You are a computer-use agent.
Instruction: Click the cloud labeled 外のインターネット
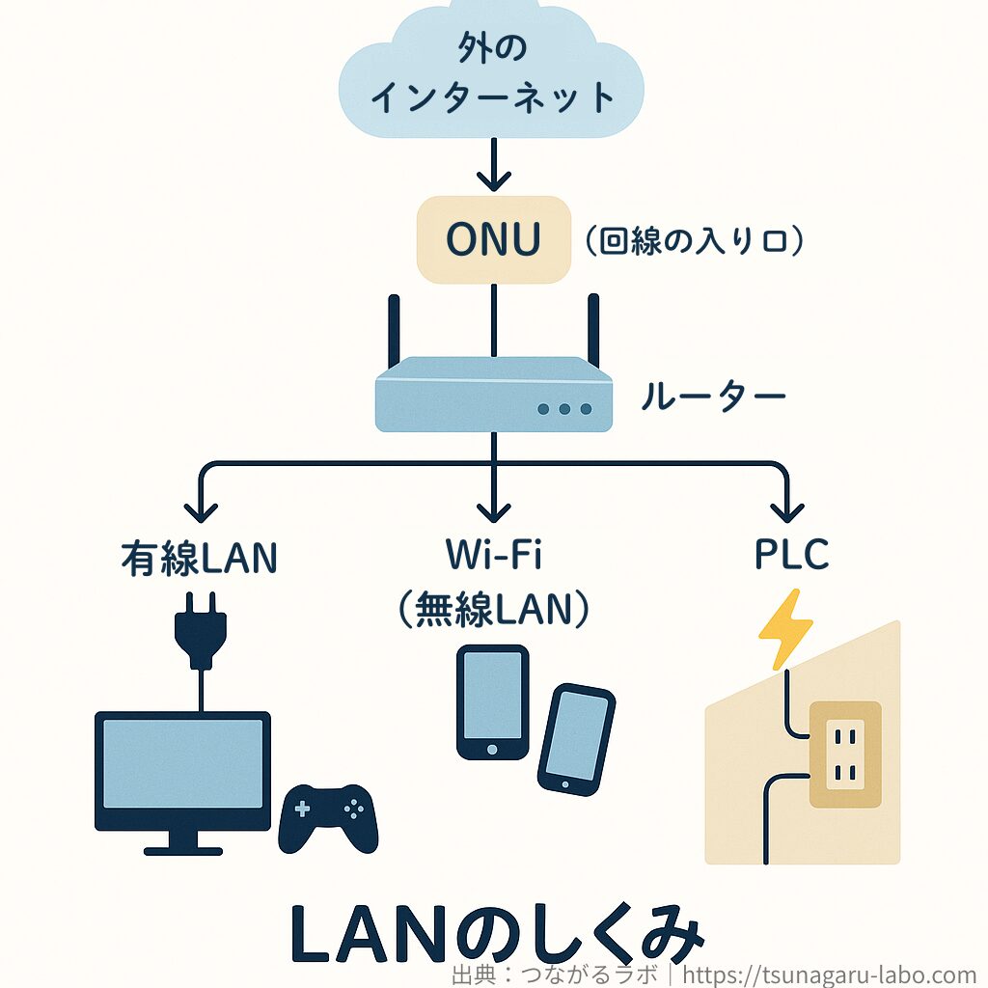[493, 72]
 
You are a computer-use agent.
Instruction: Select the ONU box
[493, 240]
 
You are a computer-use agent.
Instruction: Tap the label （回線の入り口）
[693, 241]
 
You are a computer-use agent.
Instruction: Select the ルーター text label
[713, 397]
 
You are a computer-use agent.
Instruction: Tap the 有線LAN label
[200, 558]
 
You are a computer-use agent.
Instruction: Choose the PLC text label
[790, 556]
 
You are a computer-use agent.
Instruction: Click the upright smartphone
[492, 700]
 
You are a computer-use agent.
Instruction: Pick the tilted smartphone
[576, 738]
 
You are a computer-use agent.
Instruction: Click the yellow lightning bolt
[786, 628]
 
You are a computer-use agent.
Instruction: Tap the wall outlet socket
[844, 754]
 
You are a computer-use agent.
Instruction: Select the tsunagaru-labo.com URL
[830, 974]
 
